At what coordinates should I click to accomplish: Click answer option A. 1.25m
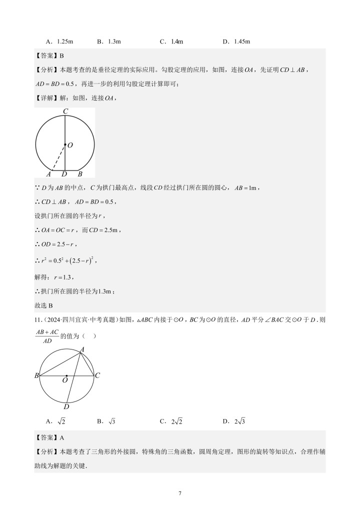59,41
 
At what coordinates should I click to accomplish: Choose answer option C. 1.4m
171,41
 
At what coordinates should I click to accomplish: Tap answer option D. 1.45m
236,41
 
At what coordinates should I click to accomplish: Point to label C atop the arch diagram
65,111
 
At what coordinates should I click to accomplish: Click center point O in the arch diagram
65,145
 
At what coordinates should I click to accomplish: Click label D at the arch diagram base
64,174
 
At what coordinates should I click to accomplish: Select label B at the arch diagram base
80,174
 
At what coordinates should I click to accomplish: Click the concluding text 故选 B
44,305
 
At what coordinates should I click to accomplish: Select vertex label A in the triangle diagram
82,349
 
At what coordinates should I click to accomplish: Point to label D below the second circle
66,406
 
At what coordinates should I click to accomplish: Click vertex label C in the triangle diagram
98,375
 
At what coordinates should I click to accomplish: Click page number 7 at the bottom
180,493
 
